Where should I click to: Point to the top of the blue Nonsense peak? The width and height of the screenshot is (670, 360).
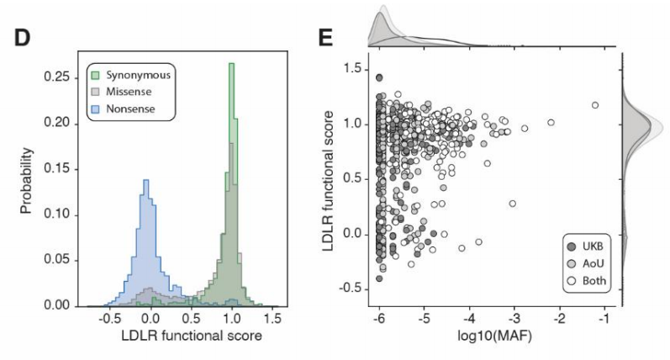(x=145, y=180)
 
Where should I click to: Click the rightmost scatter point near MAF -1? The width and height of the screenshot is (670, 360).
(x=595, y=105)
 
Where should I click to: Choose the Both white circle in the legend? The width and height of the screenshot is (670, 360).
(x=573, y=280)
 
